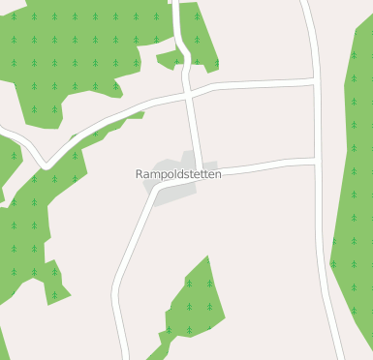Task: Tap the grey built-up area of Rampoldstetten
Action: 174,190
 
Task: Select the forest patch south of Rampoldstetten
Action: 194,305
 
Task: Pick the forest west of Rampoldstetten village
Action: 24,232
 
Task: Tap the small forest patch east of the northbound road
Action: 200,34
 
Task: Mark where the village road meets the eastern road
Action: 316,161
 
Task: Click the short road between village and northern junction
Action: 195,131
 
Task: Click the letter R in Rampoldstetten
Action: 140,174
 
